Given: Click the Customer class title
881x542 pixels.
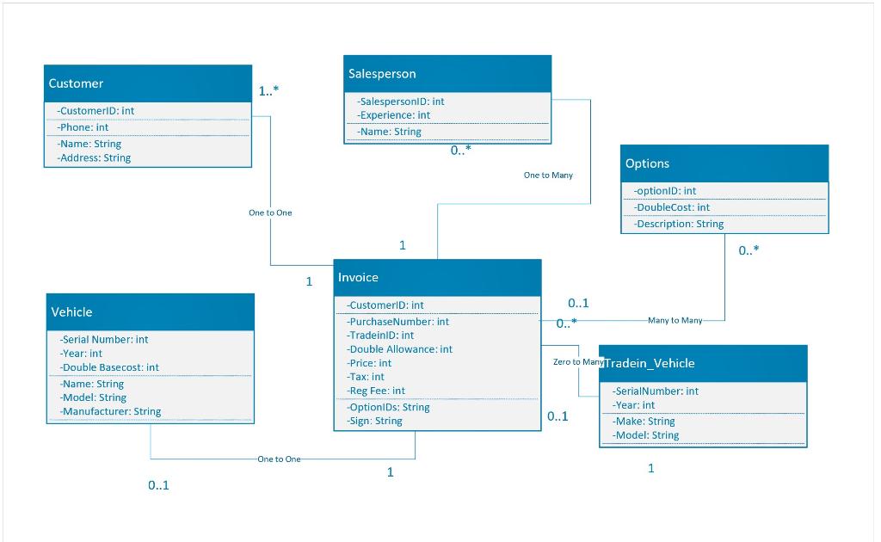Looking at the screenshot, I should coord(76,83).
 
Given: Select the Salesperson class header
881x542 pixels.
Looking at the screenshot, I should coord(382,74).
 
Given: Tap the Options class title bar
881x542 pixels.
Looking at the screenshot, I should coord(647,163).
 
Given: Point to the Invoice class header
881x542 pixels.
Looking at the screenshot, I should coord(358,277).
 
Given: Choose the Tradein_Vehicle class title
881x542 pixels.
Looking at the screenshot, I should coord(650,363).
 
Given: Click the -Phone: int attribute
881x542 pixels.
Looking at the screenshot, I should coord(83,127).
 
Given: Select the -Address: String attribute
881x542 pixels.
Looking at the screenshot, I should coord(95,157).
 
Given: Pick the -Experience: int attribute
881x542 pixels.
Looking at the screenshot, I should coord(395,114).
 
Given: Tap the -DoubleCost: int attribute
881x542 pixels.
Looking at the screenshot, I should coord(672,207).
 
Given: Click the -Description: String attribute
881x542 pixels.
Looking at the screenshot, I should coord(679,224).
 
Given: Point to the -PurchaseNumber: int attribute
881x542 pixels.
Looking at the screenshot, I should coord(398,322).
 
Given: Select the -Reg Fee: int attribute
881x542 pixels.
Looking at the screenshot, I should coord(376,391).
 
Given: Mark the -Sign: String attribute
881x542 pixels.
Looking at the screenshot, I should coord(375,421).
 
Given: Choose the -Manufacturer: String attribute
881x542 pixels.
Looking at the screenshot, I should coord(111,411).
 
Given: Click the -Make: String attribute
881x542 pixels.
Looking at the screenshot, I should coord(644,422).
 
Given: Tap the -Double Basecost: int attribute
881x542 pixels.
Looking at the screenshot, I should coord(110,367).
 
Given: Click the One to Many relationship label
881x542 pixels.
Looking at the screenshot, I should coord(548,176).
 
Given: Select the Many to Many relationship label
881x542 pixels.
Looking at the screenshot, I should coord(675,320).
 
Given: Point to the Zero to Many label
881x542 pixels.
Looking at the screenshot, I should coord(578,362).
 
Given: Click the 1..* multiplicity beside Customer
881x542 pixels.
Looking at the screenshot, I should coord(268,91).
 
